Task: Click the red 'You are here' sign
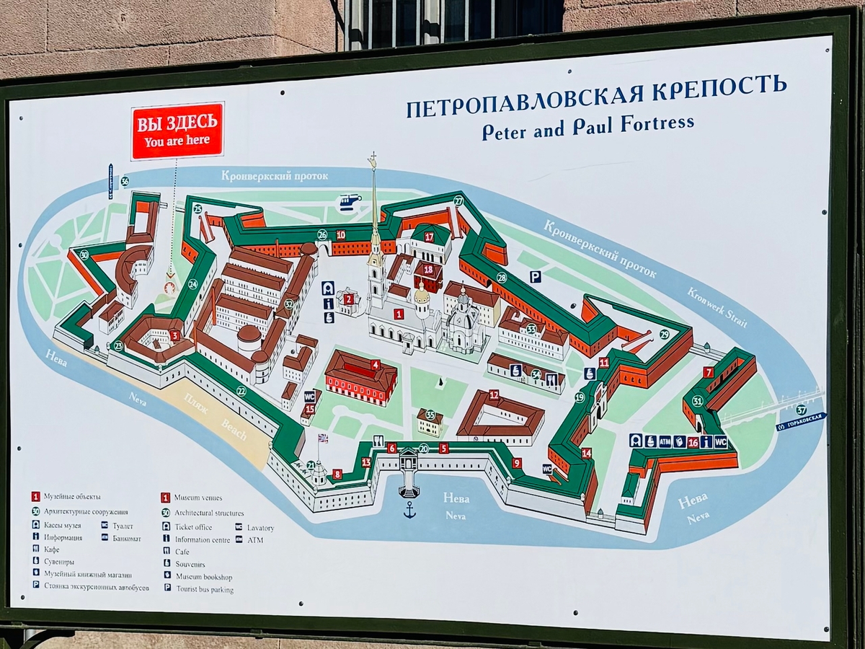click(x=177, y=131)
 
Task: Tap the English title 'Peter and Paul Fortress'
click(x=587, y=128)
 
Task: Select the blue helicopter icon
click(x=350, y=202)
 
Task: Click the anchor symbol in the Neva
click(x=409, y=511)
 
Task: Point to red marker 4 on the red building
click(x=375, y=365)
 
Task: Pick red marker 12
click(x=494, y=394)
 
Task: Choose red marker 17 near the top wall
click(x=429, y=237)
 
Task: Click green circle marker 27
click(x=458, y=201)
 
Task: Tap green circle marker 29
click(x=664, y=334)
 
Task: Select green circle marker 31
click(x=697, y=401)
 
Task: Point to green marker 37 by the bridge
click(x=802, y=409)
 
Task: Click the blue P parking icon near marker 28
click(x=535, y=276)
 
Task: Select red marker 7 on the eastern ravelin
click(x=709, y=372)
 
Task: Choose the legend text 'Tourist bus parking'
click(x=204, y=589)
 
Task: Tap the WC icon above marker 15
click(x=309, y=396)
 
